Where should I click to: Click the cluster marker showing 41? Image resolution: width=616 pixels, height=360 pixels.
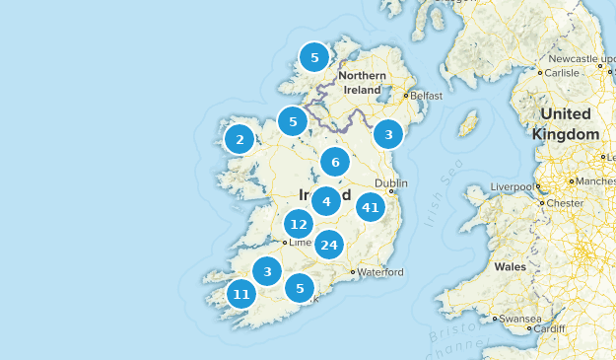tap(371, 207)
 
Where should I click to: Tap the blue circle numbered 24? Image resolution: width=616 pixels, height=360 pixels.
tap(329, 245)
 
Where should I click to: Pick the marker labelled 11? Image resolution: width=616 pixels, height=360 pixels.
tap(241, 294)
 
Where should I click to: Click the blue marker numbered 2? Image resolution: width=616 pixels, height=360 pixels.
tap(240, 140)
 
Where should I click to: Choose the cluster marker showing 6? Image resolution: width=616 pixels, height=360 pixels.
tap(335, 163)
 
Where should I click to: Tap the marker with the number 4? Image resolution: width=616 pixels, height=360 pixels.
tap(325, 201)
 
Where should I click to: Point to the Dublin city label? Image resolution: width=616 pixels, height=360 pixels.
tap(391, 183)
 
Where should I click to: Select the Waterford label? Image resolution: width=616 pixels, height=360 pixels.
tap(380, 271)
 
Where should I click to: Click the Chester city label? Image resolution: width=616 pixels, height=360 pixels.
tap(565, 203)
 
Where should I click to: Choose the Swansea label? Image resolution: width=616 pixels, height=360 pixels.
tap(520, 319)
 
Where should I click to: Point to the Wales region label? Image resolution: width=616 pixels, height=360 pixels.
tap(511, 266)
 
